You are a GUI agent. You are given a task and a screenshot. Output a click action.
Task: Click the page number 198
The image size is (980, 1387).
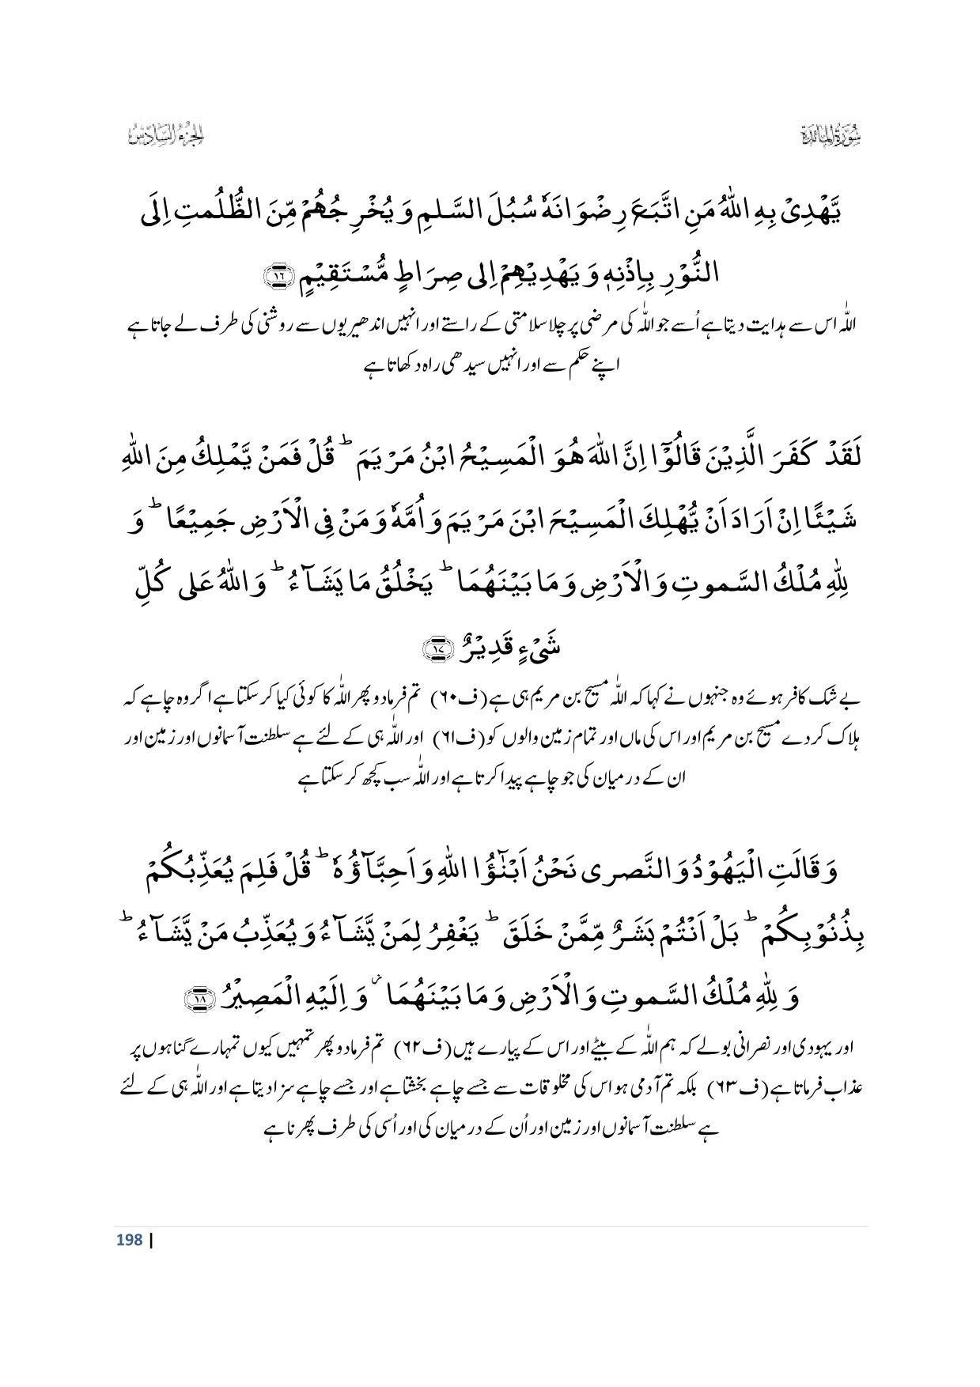click(x=128, y=1239)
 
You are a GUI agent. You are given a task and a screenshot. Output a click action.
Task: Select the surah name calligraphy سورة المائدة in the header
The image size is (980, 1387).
click(x=831, y=138)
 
